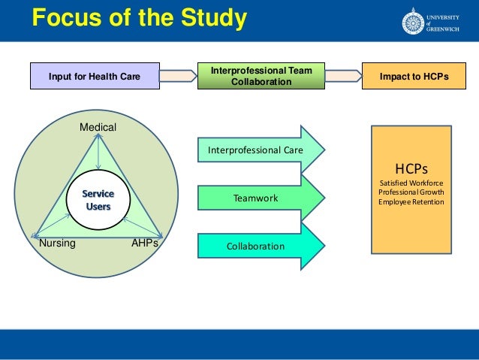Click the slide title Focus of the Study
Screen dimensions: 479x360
point(139,17)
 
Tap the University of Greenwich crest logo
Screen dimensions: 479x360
point(413,20)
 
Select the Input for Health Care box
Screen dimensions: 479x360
point(94,76)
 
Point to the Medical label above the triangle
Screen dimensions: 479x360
point(98,128)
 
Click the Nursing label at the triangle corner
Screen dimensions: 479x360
point(57,244)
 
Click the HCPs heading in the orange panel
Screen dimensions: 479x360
point(411,169)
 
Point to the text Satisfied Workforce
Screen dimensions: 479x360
point(411,183)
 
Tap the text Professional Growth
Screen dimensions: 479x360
point(411,192)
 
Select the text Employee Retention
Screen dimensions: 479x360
point(411,201)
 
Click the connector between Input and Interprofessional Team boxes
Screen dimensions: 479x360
point(178,76)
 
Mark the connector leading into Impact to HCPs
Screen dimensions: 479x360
point(343,76)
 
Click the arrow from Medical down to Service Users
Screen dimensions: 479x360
point(99,154)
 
